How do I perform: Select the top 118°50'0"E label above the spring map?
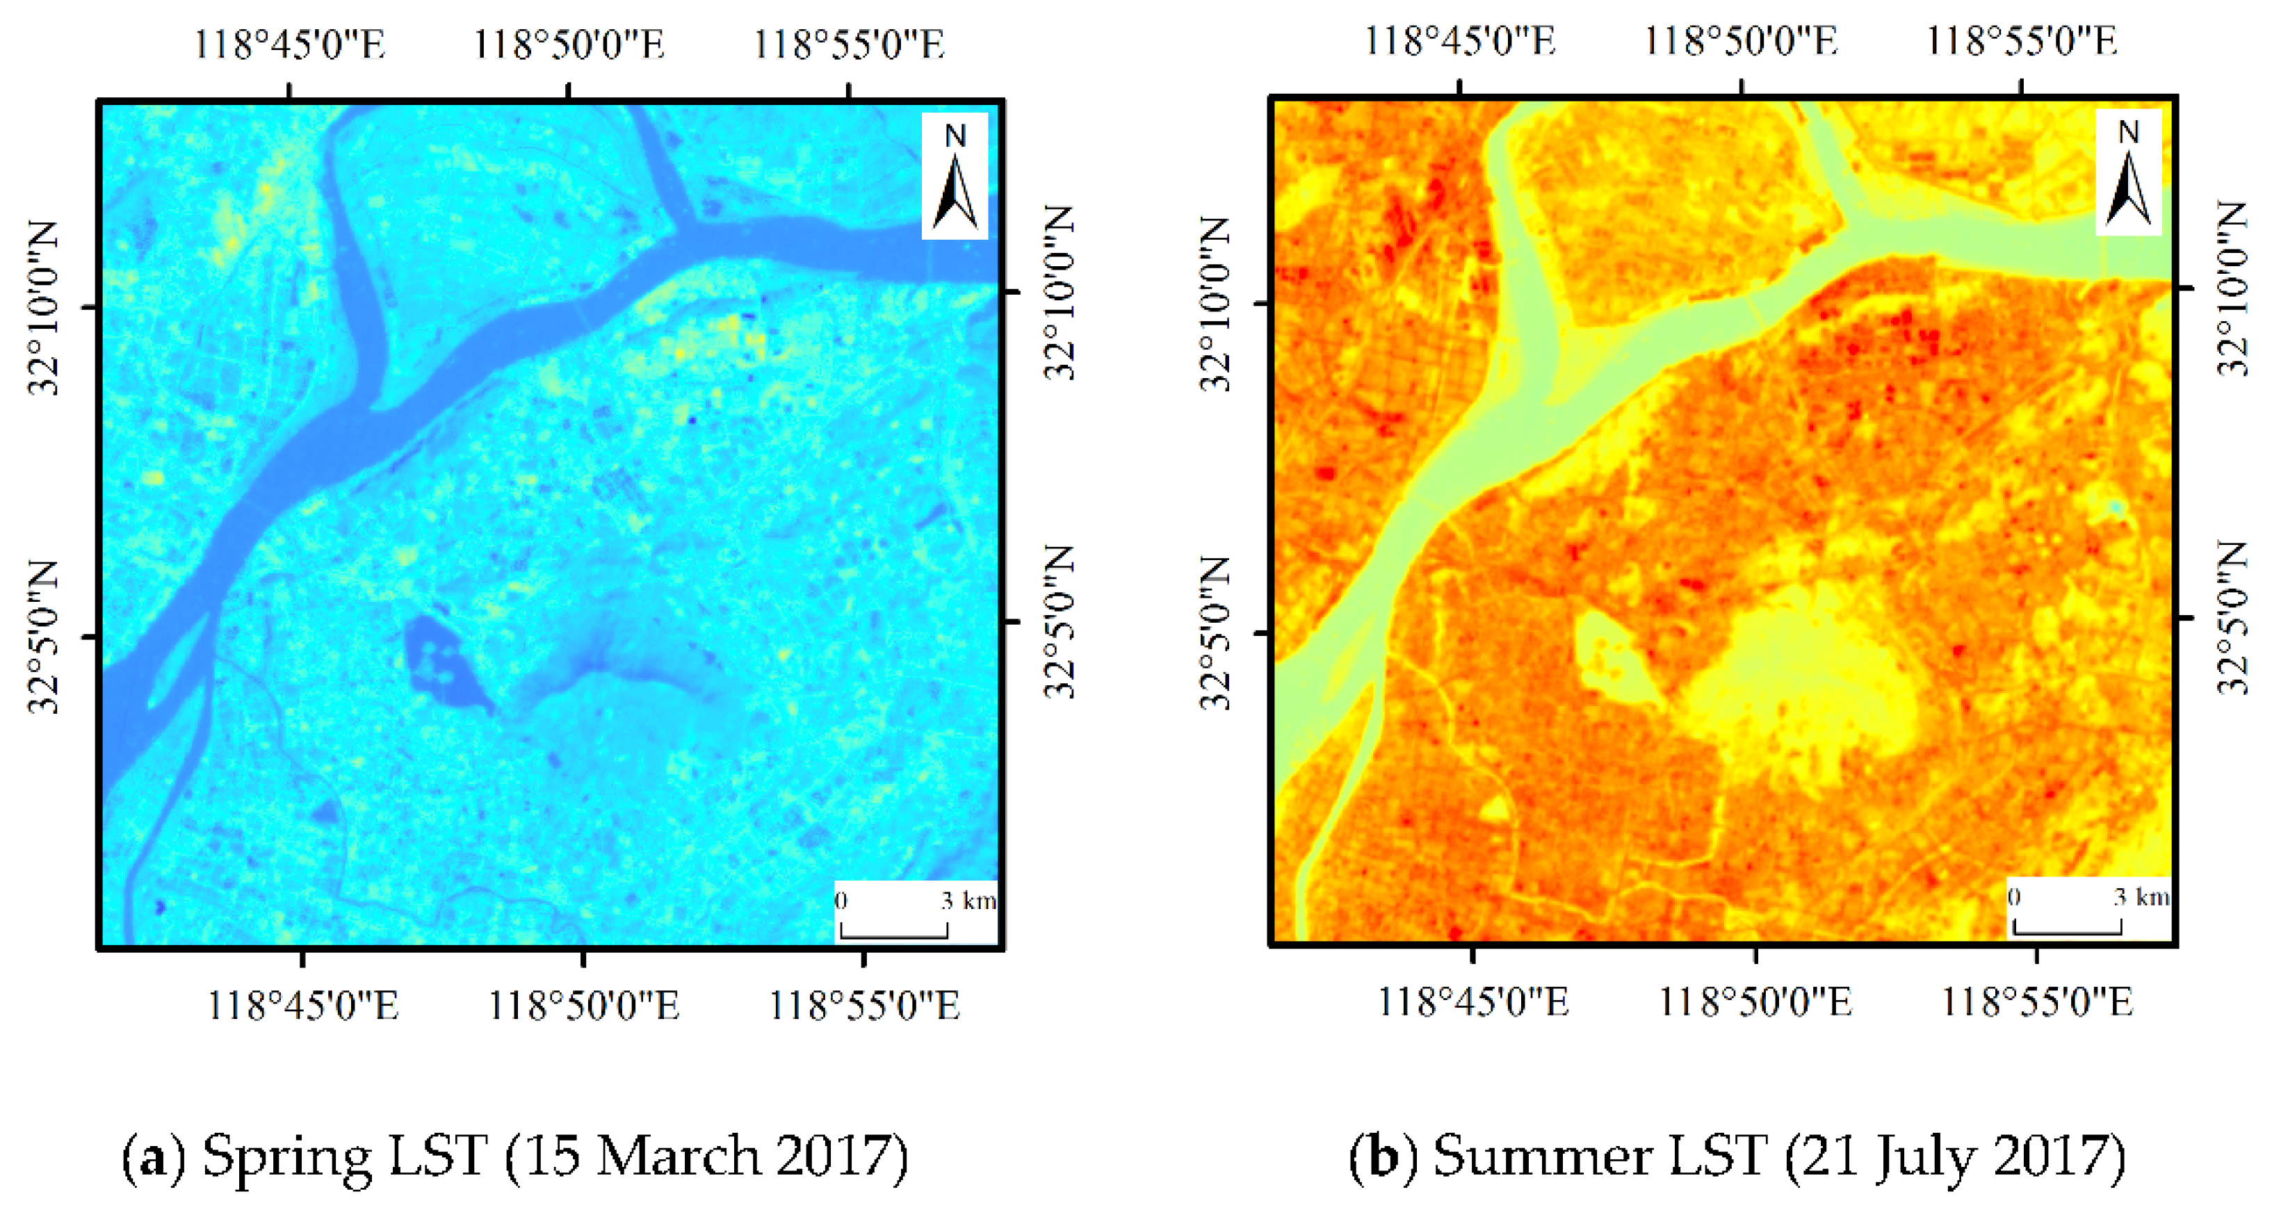point(569,44)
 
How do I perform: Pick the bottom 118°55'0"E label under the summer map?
point(2038,1002)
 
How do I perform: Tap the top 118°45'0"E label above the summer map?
point(1460,40)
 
